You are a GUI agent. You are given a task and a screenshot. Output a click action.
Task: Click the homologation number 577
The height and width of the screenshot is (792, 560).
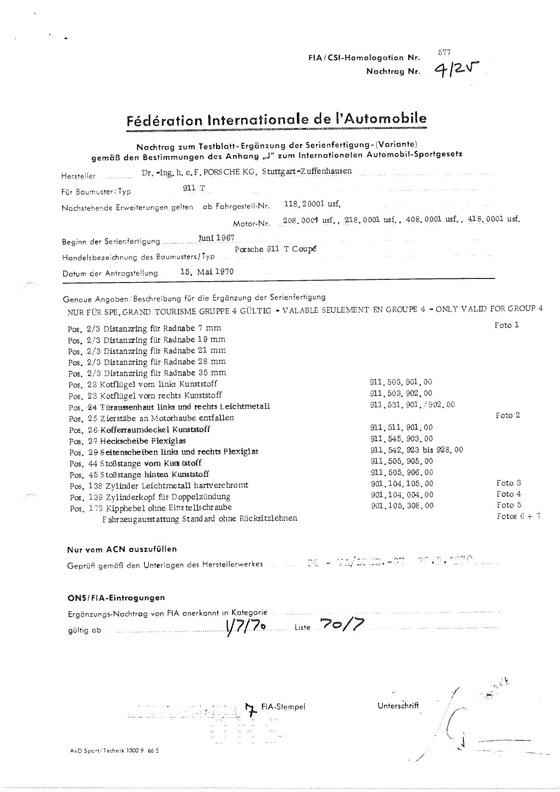(444, 53)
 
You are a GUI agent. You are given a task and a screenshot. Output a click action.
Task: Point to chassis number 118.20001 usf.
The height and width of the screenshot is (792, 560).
(312, 204)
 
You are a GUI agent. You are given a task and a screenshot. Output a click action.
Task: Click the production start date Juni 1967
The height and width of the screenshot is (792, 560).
(216, 238)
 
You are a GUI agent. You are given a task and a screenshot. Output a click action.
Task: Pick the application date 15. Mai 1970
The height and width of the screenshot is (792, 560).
(206, 272)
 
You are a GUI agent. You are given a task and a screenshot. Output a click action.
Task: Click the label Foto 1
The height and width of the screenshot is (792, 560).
(507, 325)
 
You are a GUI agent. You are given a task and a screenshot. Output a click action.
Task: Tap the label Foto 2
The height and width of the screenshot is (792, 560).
(508, 415)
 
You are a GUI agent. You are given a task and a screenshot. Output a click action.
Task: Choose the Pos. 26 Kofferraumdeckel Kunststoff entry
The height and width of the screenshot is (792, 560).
(140, 429)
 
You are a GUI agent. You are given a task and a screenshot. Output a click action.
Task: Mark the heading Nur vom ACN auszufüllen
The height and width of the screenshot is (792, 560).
(122, 549)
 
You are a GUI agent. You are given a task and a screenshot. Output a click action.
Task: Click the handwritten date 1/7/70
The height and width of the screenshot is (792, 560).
(245, 627)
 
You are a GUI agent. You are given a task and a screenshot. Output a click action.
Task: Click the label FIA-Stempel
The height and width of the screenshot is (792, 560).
(283, 707)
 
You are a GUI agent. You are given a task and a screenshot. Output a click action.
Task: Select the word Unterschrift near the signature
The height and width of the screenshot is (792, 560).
(398, 705)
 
